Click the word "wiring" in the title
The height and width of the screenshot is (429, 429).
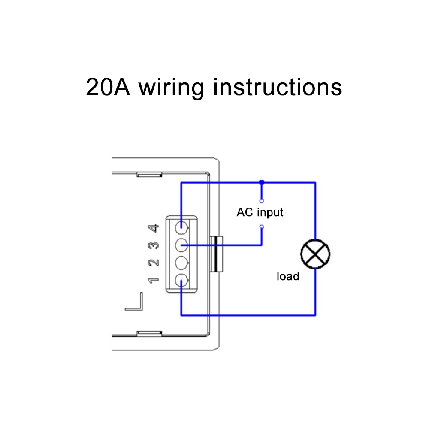(171, 88)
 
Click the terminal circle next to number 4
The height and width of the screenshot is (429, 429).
(182, 225)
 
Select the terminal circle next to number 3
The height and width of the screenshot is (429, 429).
(182, 245)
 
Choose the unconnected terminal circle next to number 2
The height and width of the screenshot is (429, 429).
(182, 262)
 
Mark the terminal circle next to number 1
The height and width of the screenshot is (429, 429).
(182, 281)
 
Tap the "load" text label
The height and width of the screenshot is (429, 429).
(288, 276)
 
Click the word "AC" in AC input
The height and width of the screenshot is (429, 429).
(244, 212)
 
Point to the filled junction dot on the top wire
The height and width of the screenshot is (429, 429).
(262, 183)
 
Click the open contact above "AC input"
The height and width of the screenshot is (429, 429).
(262, 200)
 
